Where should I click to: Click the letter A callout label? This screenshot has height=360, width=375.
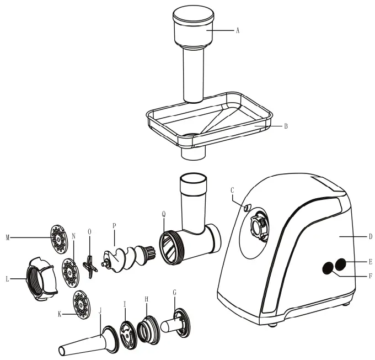coord(238,31)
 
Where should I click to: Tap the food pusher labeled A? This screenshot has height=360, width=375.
coord(194,50)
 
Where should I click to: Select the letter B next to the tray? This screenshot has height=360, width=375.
coord(286,126)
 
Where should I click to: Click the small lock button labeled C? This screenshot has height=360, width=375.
coord(247,208)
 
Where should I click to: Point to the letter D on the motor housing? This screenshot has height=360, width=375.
coord(370,236)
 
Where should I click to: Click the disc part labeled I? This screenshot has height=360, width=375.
coord(127,335)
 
